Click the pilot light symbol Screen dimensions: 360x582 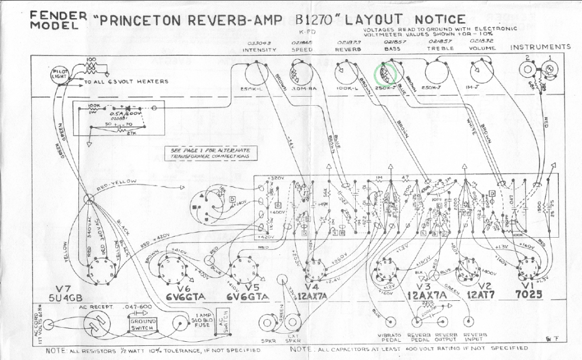[59, 76]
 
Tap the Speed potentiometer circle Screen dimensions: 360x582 [302, 73]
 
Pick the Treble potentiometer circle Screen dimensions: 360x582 [436, 72]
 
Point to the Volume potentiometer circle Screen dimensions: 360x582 [481, 71]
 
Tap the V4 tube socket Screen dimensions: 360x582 [316, 270]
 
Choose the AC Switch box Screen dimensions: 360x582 [222, 322]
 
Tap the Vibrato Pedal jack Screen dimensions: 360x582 [376, 321]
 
